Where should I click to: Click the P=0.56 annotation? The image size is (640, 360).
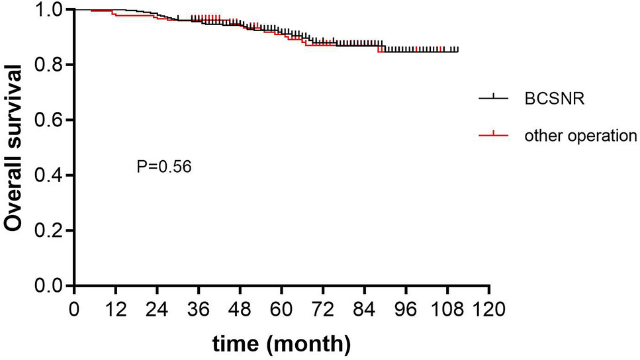point(163,167)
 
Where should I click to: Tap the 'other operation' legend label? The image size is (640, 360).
point(580,136)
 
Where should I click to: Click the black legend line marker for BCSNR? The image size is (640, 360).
point(493,97)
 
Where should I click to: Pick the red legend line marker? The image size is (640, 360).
point(493,136)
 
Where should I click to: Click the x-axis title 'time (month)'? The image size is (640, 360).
point(281,343)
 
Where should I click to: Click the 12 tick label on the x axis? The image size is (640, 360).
point(115,308)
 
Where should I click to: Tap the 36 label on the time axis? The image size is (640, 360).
point(199,308)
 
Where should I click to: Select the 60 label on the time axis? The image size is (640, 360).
point(281,308)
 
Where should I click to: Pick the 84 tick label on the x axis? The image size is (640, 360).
point(365,308)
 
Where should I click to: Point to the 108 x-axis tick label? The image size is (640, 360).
point(447,308)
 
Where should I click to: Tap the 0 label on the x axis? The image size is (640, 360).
point(74,308)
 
